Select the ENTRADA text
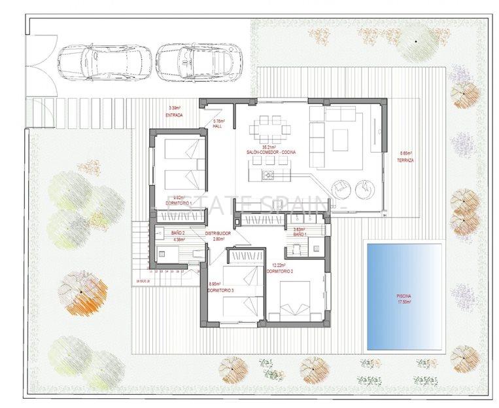[174, 115]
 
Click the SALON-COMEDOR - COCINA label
[271, 152]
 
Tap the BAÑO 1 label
[299, 234]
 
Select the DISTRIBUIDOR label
[217, 234]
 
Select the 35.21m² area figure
[269, 147]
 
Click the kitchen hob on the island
[268, 174]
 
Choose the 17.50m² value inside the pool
[404, 302]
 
